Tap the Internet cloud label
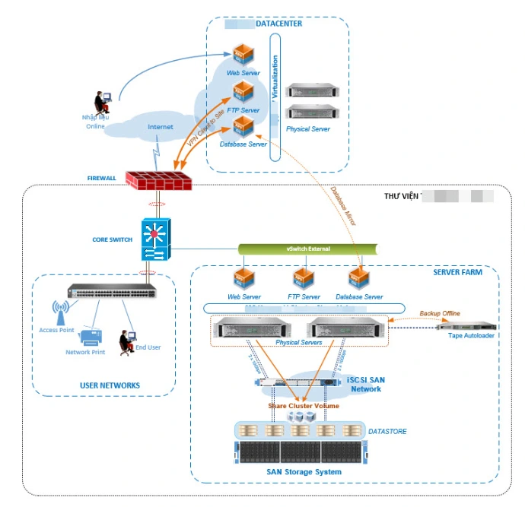click(x=160, y=127)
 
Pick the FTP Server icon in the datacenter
click(x=243, y=93)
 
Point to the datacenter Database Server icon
click(x=243, y=127)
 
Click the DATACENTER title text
click(x=278, y=24)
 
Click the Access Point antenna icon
click(x=58, y=313)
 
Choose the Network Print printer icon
click(x=92, y=335)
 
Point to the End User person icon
click(x=126, y=341)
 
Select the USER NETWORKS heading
click(x=110, y=385)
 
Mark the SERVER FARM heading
click(x=457, y=271)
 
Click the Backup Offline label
click(x=440, y=313)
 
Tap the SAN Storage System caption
click(x=304, y=472)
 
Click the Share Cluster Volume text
click(x=304, y=406)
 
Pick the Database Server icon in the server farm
click(x=358, y=279)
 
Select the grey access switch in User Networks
click(x=111, y=291)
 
